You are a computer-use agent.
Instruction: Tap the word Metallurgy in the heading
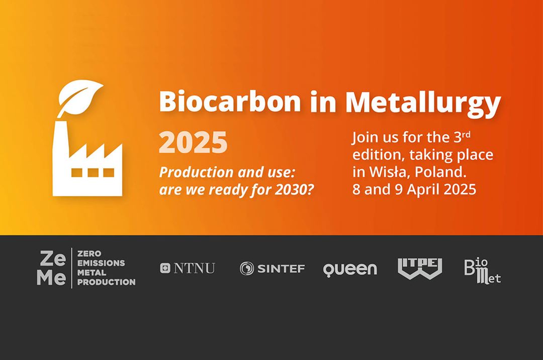(x=423, y=103)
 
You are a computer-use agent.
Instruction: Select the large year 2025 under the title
(x=193, y=143)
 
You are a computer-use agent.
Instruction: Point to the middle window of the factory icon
(x=93, y=172)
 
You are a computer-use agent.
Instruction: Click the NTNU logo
(x=188, y=268)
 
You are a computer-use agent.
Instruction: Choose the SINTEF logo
(x=272, y=268)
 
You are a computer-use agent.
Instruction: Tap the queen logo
(x=349, y=269)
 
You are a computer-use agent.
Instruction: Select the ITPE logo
(x=420, y=268)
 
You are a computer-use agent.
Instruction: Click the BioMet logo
(x=482, y=271)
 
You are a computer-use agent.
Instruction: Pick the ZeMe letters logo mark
(x=52, y=268)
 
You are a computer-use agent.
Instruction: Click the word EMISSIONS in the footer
(x=101, y=263)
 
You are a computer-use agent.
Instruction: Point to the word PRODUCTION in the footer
(x=107, y=282)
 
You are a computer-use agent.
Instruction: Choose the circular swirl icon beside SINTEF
(x=247, y=268)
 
